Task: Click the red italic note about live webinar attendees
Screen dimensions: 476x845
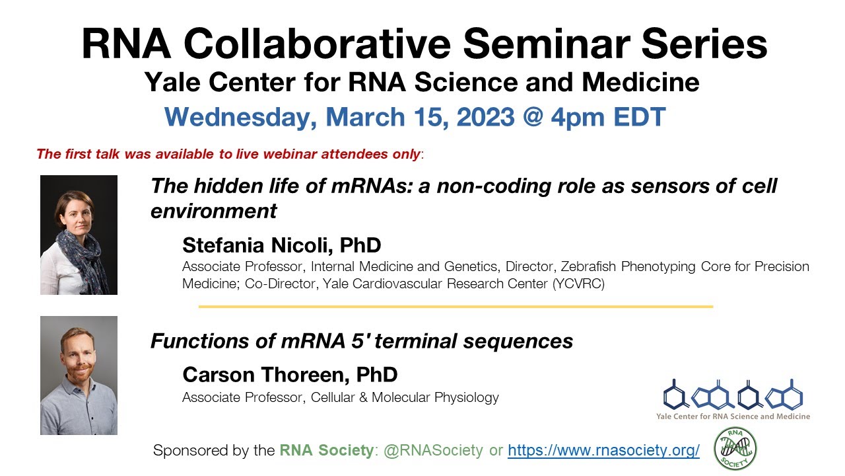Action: point(228,155)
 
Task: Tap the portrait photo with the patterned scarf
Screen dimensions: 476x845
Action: point(79,235)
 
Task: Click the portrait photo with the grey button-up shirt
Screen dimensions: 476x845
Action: point(79,376)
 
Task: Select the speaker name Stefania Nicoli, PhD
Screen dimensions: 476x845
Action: point(282,245)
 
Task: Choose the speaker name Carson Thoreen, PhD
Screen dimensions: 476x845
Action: point(290,375)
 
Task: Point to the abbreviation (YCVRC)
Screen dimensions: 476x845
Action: point(579,284)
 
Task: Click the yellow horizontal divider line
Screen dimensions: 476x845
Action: point(456,307)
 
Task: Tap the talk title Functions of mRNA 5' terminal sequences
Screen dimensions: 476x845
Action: point(361,341)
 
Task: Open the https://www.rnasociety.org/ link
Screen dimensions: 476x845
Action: point(603,451)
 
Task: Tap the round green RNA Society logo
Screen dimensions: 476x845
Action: point(735,450)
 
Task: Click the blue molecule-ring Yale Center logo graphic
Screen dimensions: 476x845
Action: point(733,395)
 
